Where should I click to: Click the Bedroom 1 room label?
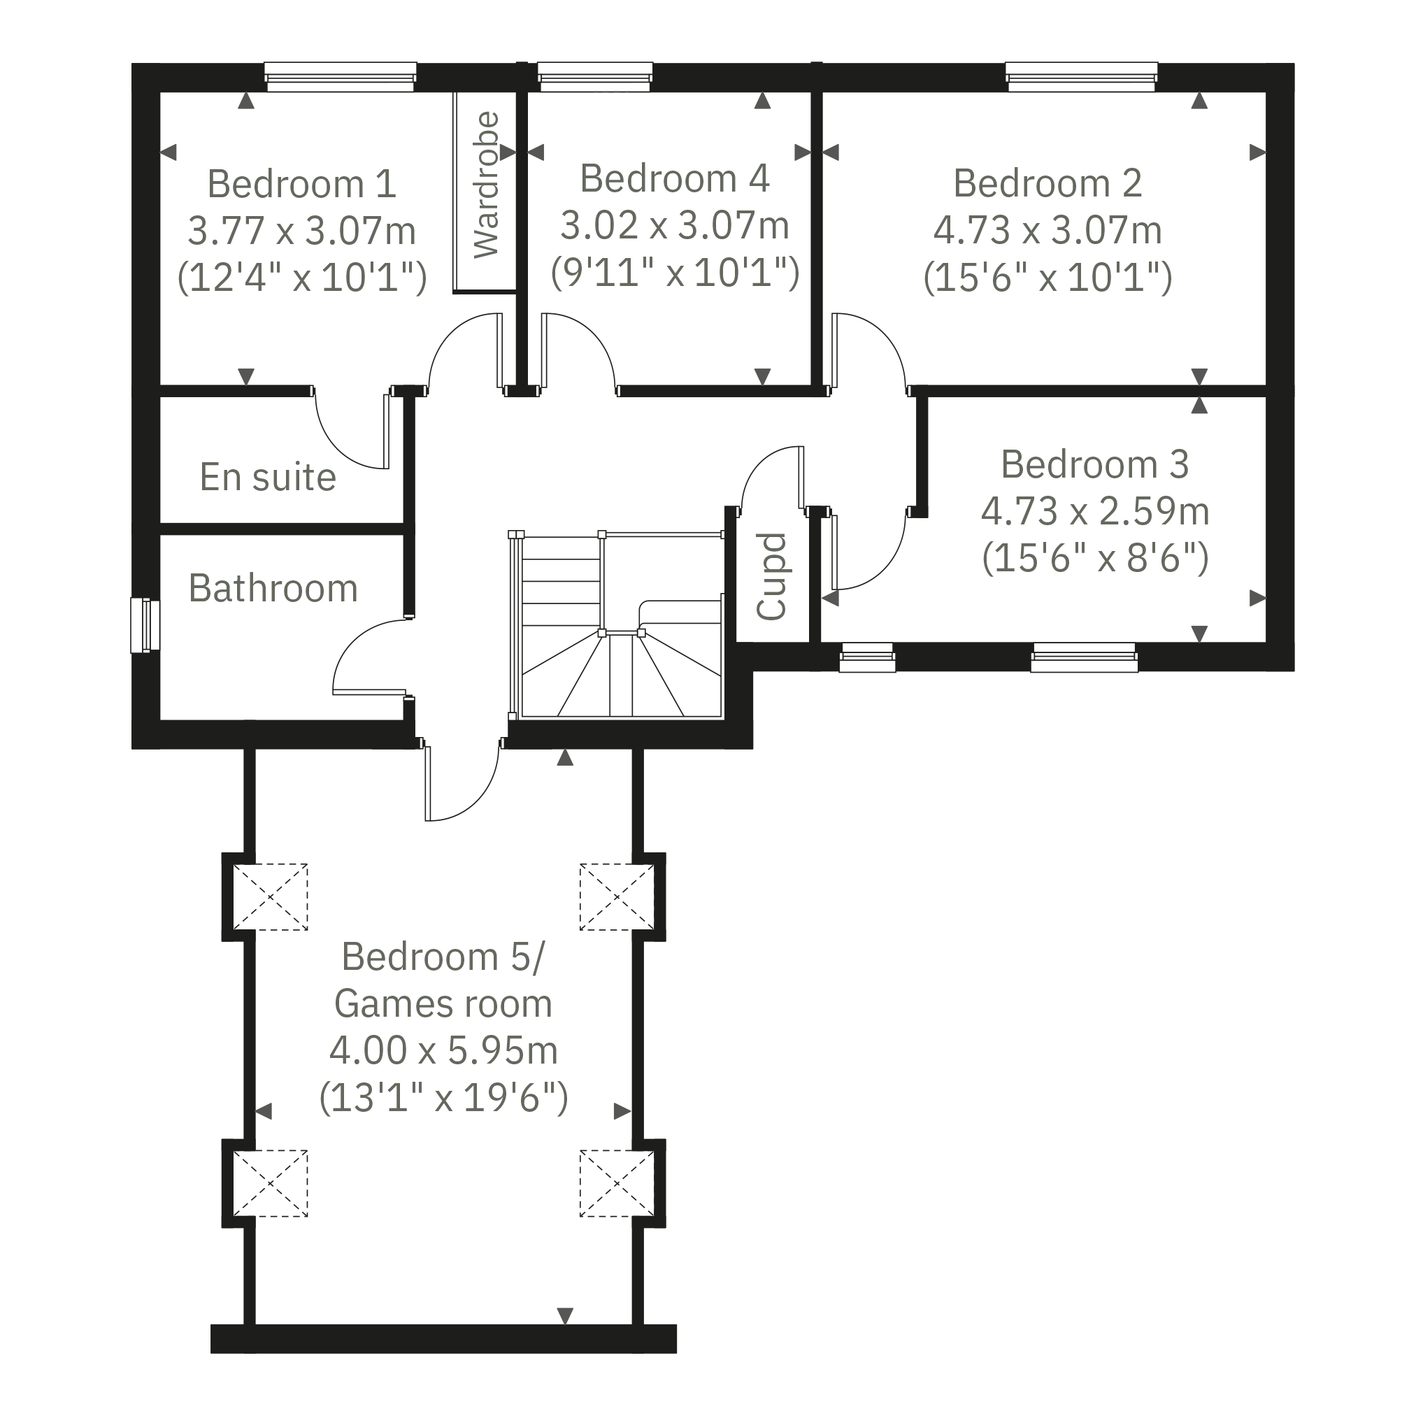click(x=301, y=183)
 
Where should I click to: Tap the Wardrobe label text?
click(x=487, y=185)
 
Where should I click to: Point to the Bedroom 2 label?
click(x=1047, y=183)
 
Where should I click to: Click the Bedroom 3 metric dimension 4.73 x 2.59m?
click(x=1095, y=511)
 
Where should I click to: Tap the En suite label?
click(x=269, y=477)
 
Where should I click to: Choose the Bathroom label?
click(x=273, y=588)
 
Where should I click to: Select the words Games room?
click(x=443, y=1003)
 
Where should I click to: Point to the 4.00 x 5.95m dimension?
click(x=443, y=1050)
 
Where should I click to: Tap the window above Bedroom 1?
click(x=340, y=77)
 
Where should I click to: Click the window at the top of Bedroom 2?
click(x=1082, y=77)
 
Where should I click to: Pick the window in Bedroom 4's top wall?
click(x=594, y=77)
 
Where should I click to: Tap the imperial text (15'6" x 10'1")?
click(x=1047, y=277)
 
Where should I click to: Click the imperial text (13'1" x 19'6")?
click(x=443, y=1098)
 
